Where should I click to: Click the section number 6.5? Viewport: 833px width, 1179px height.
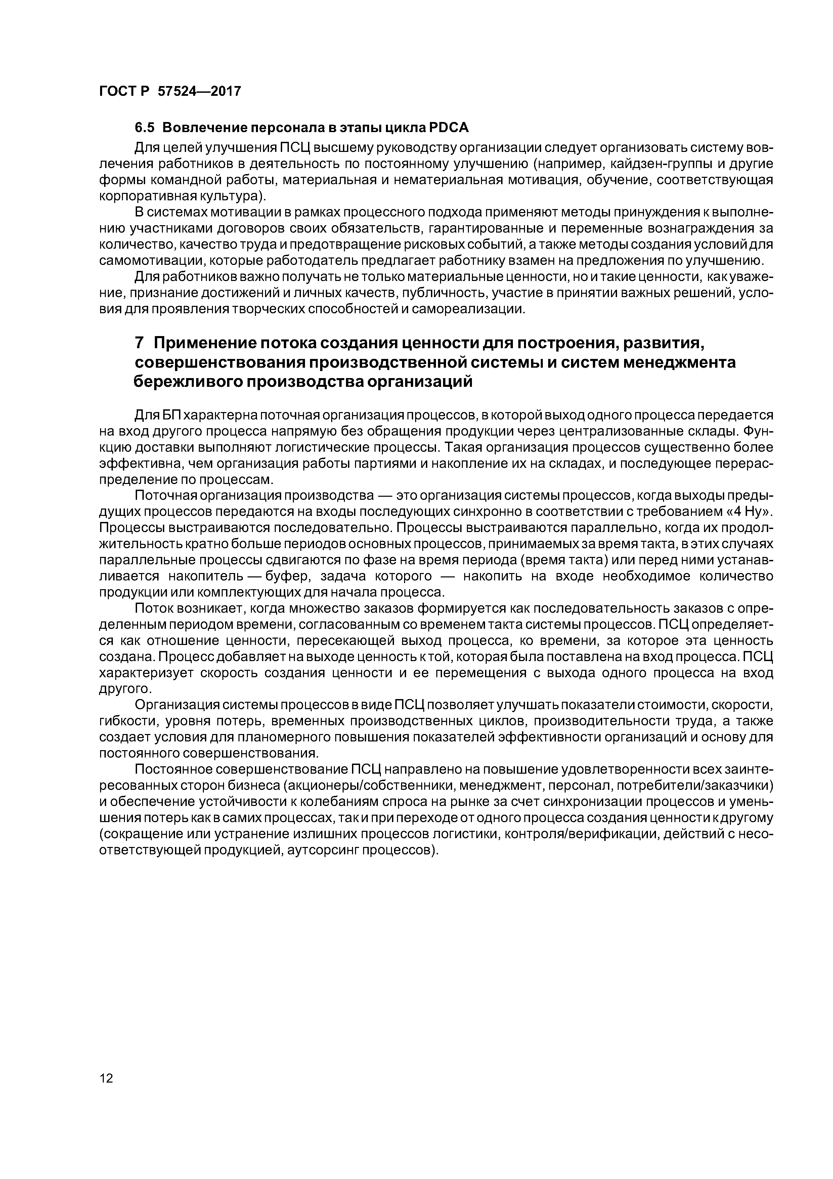pos(145,127)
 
